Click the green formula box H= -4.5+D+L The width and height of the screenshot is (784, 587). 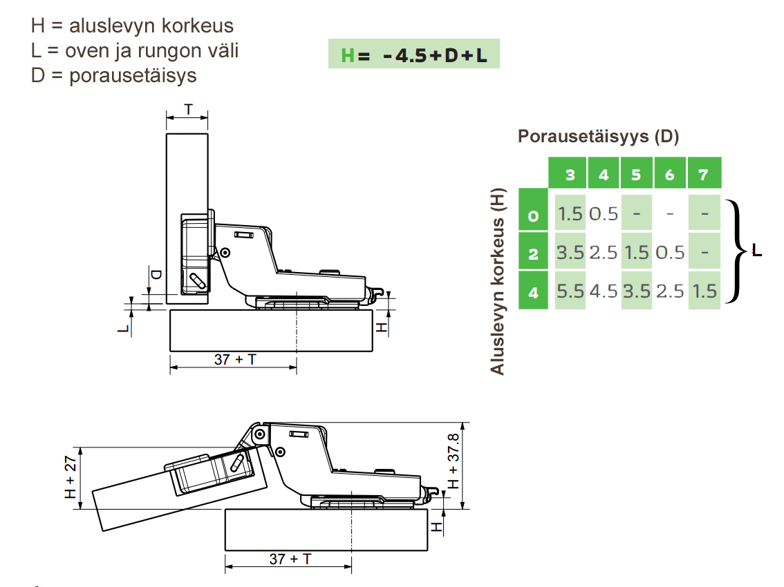pos(413,53)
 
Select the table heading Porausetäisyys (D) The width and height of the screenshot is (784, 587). pos(598,136)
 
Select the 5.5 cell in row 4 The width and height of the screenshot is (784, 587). pos(570,291)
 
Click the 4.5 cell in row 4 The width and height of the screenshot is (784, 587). pos(604,291)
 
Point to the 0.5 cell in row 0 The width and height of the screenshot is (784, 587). pos(604,214)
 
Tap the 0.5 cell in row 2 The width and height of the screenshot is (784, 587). pos(670,252)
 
